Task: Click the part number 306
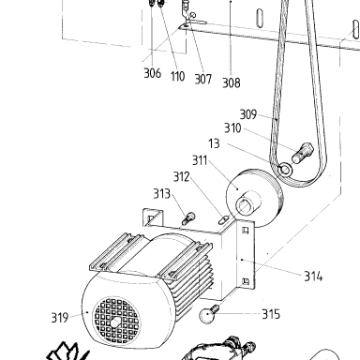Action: tap(153, 73)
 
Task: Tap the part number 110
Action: tap(177, 76)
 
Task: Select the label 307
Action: tap(203, 79)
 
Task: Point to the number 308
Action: tap(232, 82)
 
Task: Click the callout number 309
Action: tap(248, 114)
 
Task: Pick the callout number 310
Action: tap(232, 128)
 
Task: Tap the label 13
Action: tap(214, 143)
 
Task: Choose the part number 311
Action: tap(200, 160)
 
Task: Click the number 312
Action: tap(182, 177)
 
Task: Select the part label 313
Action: tap(162, 194)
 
